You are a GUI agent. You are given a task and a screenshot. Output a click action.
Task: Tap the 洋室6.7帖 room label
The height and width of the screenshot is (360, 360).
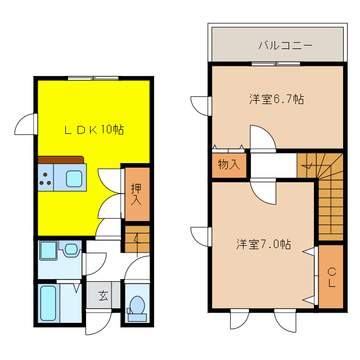(277, 100)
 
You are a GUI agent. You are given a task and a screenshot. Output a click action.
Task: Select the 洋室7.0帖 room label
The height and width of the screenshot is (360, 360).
(263, 245)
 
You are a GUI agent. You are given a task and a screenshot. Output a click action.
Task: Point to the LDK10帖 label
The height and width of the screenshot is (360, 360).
(93, 130)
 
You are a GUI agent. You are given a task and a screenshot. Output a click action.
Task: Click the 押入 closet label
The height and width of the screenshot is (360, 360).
(137, 193)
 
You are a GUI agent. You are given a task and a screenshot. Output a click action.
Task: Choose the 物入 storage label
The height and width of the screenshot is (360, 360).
(229, 165)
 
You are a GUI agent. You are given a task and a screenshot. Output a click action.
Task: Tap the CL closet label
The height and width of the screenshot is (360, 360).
(332, 277)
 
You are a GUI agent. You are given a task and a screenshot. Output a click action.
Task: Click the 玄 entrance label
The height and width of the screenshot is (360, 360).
(103, 295)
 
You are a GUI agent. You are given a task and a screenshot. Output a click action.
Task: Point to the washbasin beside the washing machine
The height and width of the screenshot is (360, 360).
(71, 249)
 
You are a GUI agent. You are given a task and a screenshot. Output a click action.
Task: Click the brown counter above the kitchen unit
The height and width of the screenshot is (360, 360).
(61, 159)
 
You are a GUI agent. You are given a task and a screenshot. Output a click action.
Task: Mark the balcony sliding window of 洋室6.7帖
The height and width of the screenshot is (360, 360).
(276, 64)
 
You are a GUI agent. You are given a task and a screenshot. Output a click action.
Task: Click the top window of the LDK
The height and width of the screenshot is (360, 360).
(93, 78)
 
